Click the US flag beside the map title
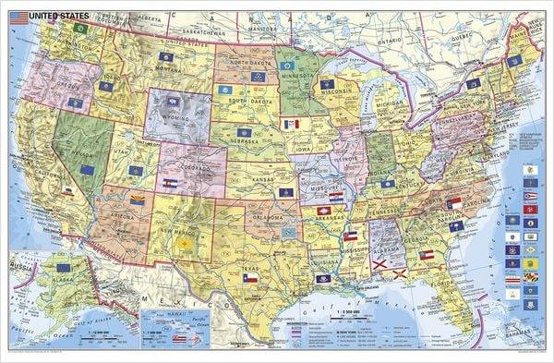(x=16, y=14)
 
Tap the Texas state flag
(x=248, y=277)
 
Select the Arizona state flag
(x=138, y=200)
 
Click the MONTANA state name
(x=166, y=68)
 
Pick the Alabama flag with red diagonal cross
(x=379, y=267)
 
